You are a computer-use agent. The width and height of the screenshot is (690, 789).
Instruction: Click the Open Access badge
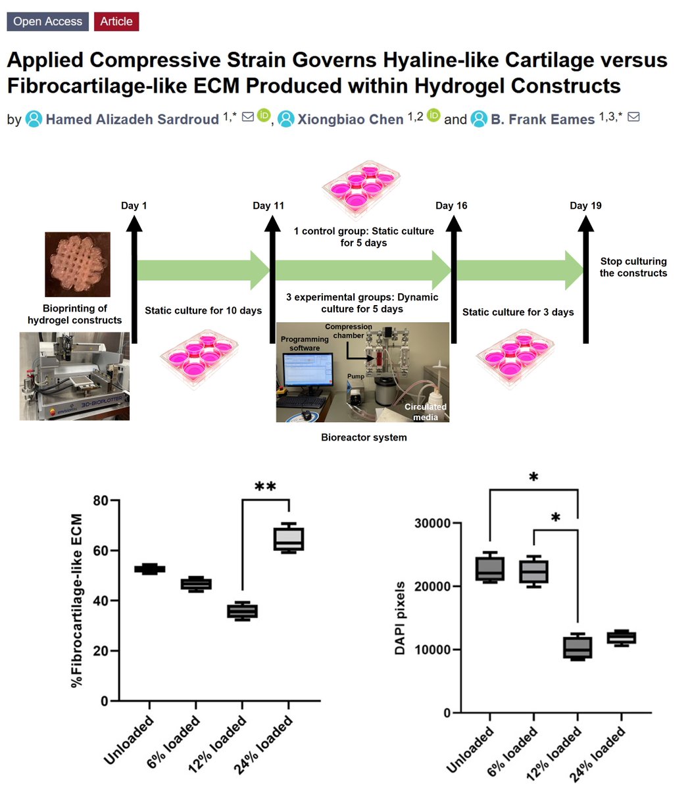[x=47, y=21]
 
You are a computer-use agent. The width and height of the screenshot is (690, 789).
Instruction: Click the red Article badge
[x=116, y=21]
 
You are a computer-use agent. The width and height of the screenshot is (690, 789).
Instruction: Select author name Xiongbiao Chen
[x=350, y=119]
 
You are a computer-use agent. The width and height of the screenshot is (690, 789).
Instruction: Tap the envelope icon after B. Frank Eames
[x=633, y=116]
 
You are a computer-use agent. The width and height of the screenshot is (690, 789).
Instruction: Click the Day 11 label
[x=268, y=206]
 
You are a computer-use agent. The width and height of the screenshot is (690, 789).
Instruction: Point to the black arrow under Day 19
[x=585, y=279]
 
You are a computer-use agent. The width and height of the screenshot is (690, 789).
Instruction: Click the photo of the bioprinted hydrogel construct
[x=78, y=264]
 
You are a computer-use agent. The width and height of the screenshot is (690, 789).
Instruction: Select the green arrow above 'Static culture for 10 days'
[x=203, y=270]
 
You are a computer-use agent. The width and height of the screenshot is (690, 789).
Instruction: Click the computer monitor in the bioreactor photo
[x=308, y=370]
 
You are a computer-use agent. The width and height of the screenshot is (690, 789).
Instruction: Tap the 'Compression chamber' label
[x=348, y=331]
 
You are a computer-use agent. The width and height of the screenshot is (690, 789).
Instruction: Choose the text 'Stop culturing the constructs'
[x=633, y=267]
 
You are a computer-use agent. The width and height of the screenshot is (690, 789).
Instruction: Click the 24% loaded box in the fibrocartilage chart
[x=289, y=538]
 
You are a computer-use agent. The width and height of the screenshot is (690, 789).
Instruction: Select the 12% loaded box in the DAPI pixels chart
[x=578, y=648]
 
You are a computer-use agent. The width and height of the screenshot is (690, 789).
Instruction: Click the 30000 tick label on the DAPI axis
[x=432, y=523]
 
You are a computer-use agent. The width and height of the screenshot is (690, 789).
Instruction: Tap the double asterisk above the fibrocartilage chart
[x=265, y=487]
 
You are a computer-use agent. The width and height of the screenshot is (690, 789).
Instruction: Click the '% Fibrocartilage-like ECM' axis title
[x=76, y=601]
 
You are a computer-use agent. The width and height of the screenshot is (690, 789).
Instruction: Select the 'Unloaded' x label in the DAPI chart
[x=470, y=750]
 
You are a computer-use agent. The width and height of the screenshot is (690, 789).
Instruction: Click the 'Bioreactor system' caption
[x=364, y=437]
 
